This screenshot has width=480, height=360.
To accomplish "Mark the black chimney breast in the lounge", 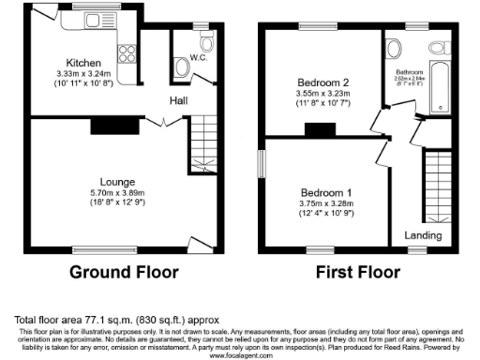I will click(x=102, y=126).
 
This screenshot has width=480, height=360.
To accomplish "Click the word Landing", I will click(x=424, y=235).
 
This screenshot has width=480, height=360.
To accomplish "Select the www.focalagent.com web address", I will click(x=240, y=356).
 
